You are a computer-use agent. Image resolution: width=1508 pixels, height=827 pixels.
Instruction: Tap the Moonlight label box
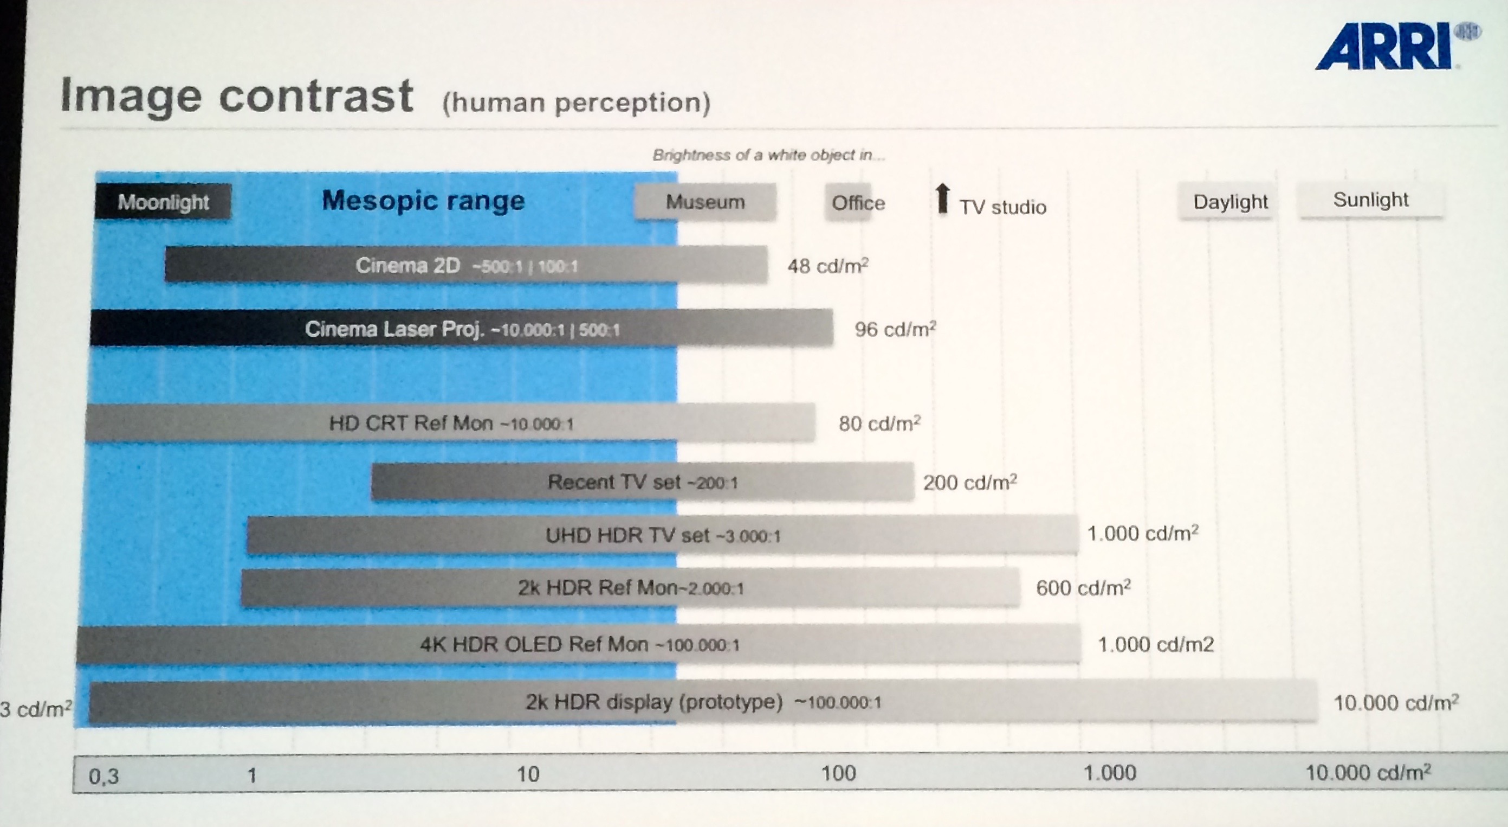[163, 202]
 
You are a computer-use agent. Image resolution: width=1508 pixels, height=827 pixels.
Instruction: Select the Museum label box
[706, 202]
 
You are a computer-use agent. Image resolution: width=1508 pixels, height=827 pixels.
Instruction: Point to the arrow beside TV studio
[942, 198]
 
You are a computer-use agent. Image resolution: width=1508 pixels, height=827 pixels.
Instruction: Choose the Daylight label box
[1230, 202]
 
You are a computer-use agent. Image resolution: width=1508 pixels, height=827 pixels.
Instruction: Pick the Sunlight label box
[1370, 200]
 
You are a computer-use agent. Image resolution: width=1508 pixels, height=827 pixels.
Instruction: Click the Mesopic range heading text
[423, 200]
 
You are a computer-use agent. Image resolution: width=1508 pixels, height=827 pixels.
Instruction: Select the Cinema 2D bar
[466, 265]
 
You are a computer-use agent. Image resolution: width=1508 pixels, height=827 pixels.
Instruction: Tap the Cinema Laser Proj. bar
[461, 329]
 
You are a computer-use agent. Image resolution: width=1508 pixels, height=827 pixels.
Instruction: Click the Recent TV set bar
[642, 482]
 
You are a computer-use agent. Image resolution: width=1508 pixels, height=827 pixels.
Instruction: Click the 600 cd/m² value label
[1083, 587]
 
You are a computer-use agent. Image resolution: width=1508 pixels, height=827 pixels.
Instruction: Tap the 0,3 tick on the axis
[103, 776]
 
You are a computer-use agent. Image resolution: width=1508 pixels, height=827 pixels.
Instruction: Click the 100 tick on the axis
[838, 774]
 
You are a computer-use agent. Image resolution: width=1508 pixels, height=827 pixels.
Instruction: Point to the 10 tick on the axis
[527, 774]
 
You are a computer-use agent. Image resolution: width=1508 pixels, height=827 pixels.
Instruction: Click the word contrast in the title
[316, 96]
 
